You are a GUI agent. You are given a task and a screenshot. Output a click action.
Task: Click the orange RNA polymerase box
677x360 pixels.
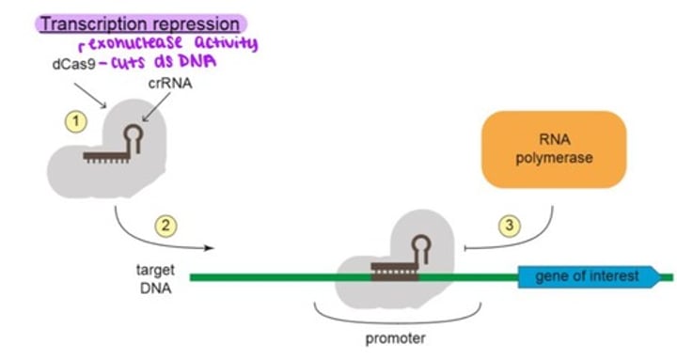553,149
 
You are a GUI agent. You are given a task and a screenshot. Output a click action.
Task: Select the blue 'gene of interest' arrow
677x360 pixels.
590,276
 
